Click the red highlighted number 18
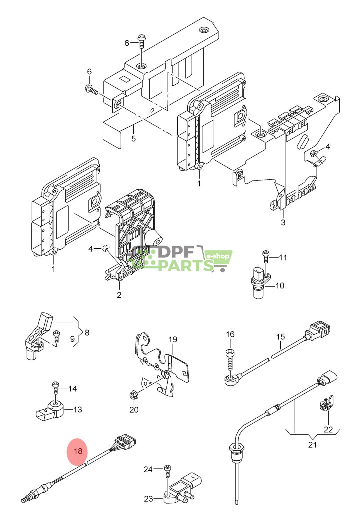pyautogui.click(x=78, y=451)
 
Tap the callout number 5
pyautogui.click(x=133, y=138)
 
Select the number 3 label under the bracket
pyautogui.click(x=283, y=222)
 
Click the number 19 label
pyautogui.click(x=173, y=340)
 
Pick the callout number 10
pyautogui.click(x=280, y=286)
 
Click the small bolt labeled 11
pyautogui.click(x=266, y=256)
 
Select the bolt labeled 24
pyautogui.click(x=168, y=470)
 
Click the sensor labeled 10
pyautogui.click(x=259, y=282)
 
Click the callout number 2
pyautogui.click(x=119, y=295)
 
